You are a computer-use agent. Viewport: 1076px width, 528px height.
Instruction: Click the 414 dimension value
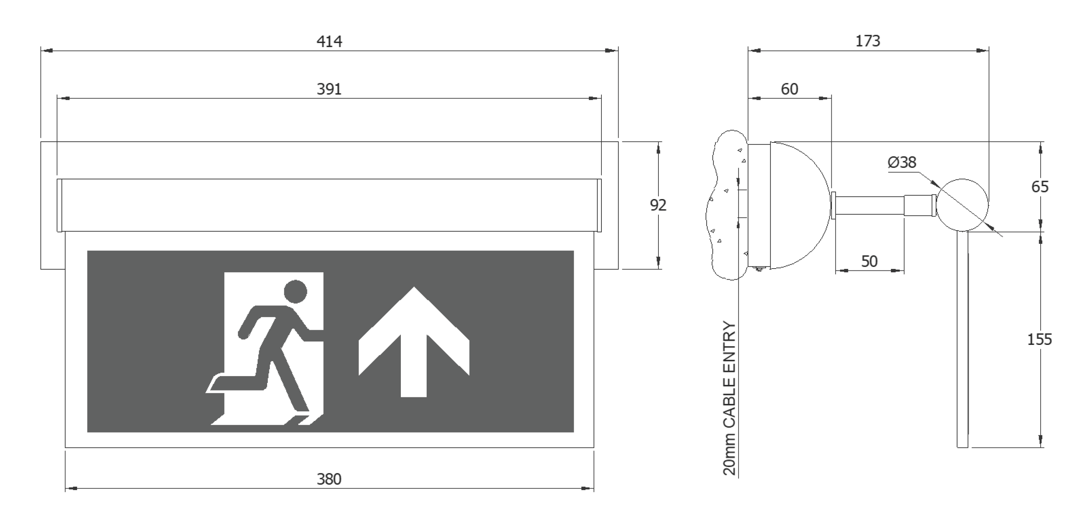(x=329, y=41)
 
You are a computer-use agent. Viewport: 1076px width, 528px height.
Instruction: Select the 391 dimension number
(x=329, y=89)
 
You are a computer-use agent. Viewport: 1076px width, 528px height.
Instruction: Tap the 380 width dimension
(x=329, y=479)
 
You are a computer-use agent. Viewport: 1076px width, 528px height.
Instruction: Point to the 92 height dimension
(x=658, y=205)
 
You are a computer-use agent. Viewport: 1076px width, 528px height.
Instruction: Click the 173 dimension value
(x=867, y=41)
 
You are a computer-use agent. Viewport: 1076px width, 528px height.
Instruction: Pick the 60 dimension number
(x=790, y=89)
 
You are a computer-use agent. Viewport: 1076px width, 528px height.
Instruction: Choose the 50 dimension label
(x=869, y=261)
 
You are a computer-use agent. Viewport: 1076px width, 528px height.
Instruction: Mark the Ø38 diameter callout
(x=902, y=162)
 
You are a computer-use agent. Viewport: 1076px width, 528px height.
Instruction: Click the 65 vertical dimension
(x=1040, y=187)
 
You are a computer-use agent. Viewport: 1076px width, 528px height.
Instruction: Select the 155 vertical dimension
(x=1039, y=340)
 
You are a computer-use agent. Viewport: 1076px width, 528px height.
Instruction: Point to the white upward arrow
(x=414, y=342)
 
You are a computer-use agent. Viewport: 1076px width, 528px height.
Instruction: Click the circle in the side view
(x=962, y=179)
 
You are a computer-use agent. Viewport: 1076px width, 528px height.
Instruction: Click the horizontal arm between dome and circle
(x=869, y=205)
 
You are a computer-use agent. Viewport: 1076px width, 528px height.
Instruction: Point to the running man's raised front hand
(x=318, y=335)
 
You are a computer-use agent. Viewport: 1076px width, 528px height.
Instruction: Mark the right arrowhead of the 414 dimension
(x=612, y=51)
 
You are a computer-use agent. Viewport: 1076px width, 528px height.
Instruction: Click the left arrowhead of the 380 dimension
(x=72, y=488)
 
